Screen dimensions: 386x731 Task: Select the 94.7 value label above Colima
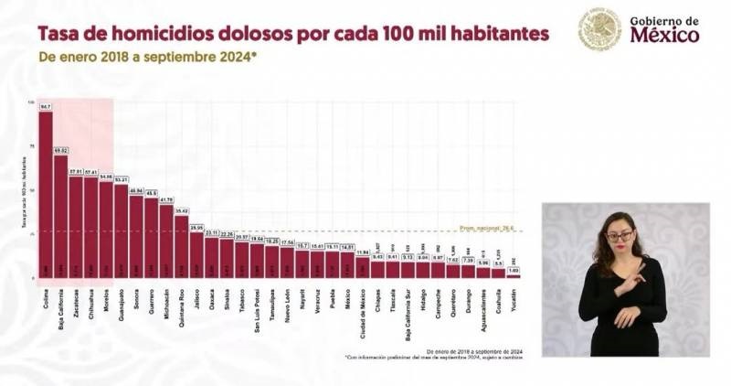pyautogui.click(x=46, y=107)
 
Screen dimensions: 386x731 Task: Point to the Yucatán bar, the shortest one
pyautogui.click(x=514, y=275)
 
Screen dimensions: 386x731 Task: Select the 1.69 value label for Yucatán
pyautogui.click(x=514, y=270)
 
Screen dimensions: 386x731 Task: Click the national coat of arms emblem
pyautogui.click(x=599, y=29)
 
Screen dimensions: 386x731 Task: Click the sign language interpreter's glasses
pyautogui.click(x=620, y=236)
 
